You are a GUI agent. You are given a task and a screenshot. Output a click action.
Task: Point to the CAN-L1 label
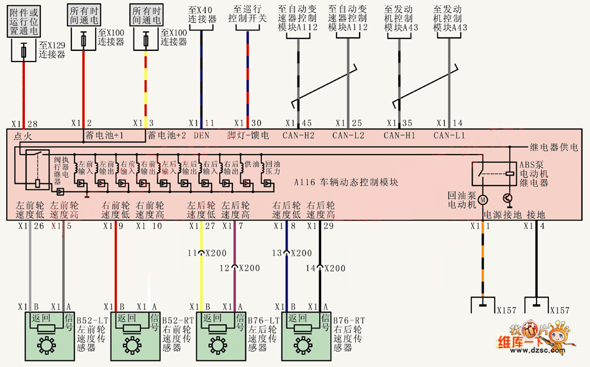coord(448,135)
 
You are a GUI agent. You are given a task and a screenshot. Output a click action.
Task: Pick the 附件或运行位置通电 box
coord(24,20)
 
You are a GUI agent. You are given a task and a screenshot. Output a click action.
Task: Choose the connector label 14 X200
coord(329,268)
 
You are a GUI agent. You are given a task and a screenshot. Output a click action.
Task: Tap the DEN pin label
coord(201,135)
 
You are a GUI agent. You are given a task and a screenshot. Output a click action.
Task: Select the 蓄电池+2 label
coord(166,135)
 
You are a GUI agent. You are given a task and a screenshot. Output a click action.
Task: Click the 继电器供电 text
coord(553,147)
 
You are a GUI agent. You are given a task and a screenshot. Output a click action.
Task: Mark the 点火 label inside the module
coord(23,135)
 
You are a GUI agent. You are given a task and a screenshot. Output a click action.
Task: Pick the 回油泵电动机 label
coord(461,199)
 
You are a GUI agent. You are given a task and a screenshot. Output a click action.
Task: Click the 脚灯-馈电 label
coord(247,135)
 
